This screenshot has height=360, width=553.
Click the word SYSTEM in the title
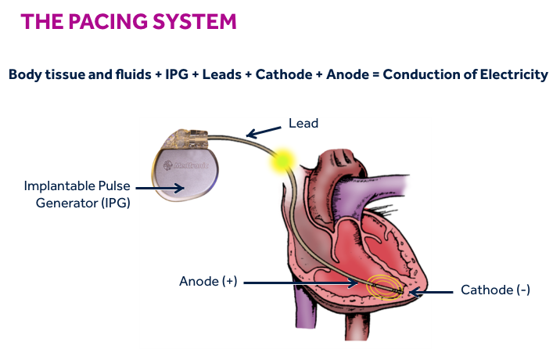click(194, 21)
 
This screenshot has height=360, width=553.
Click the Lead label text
click(303, 123)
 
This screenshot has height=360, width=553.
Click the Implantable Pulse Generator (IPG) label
click(76, 195)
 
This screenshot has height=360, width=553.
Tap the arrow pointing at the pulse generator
click(157, 189)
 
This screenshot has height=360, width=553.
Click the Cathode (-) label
click(495, 290)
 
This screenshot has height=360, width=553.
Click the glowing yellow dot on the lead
click(282, 160)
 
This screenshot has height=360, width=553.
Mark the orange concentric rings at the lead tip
click(384, 286)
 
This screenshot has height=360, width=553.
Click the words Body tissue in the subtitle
click(43, 75)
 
